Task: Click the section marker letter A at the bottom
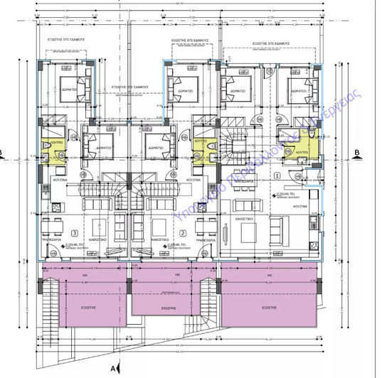[x=113, y=368]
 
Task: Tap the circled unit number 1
[x=276, y=174]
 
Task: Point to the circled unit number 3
[x=75, y=232]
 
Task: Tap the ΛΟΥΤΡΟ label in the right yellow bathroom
[x=301, y=152]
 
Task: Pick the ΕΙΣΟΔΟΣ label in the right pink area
[x=268, y=308]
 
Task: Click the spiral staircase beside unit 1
[x=232, y=146]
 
